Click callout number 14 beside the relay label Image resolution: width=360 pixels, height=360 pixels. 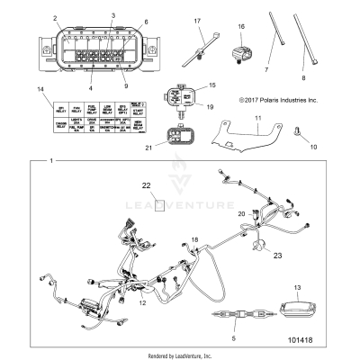pyautogui.click(x=39, y=92)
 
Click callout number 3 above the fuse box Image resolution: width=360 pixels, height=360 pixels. pyautogui.click(x=112, y=16)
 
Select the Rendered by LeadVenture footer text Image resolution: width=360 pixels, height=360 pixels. pyautogui.click(x=180, y=355)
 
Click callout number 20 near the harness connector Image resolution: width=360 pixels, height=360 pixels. pyautogui.click(x=217, y=213)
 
